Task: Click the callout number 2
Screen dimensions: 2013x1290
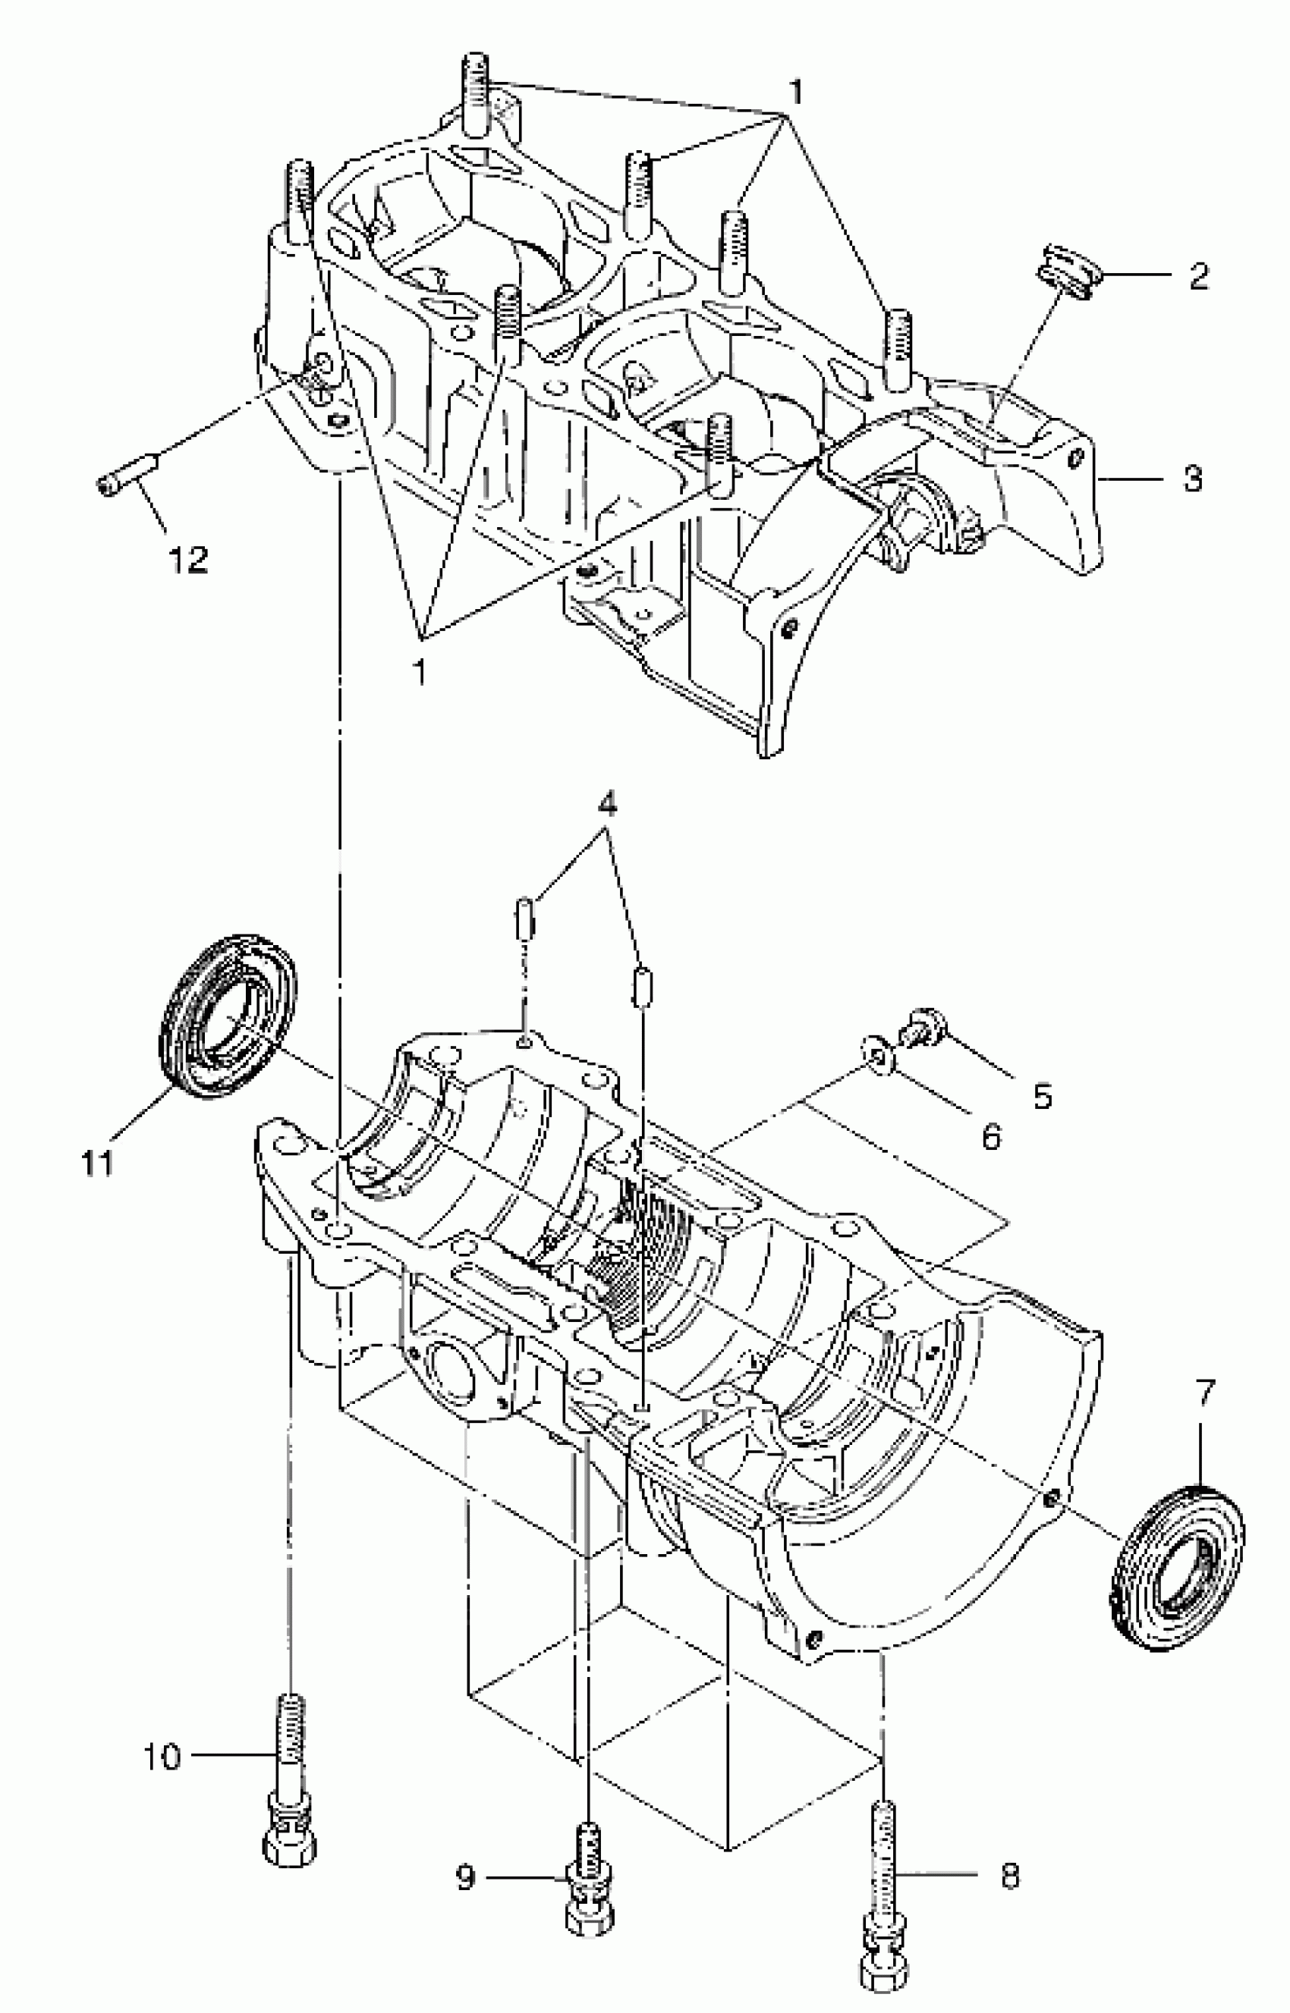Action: pos(1200,276)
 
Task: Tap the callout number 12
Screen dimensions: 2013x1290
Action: pos(188,559)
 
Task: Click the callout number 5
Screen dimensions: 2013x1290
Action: pos(1042,1095)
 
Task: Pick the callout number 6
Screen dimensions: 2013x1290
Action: pos(991,1136)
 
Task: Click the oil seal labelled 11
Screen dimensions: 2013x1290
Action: pos(228,1016)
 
